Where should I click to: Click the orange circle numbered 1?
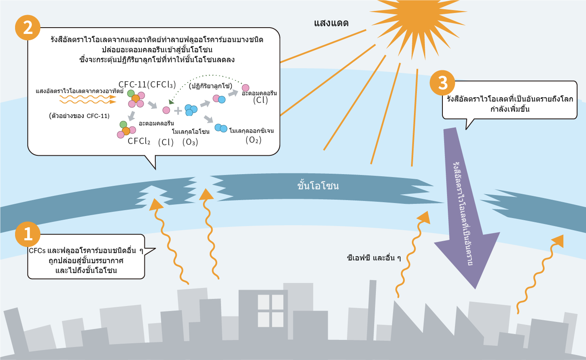click(x=28, y=234)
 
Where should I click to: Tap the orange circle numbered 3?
click(x=443, y=84)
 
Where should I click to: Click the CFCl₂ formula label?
click(x=139, y=141)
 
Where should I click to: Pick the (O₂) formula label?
click(x=253, y=140)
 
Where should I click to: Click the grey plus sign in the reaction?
click(x=178, y=111)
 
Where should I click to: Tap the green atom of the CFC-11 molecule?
click(x=131, y=93)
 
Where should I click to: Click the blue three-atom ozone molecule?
click(x=191, y=110)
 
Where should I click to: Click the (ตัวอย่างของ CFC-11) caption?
click(x=79, y=116)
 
